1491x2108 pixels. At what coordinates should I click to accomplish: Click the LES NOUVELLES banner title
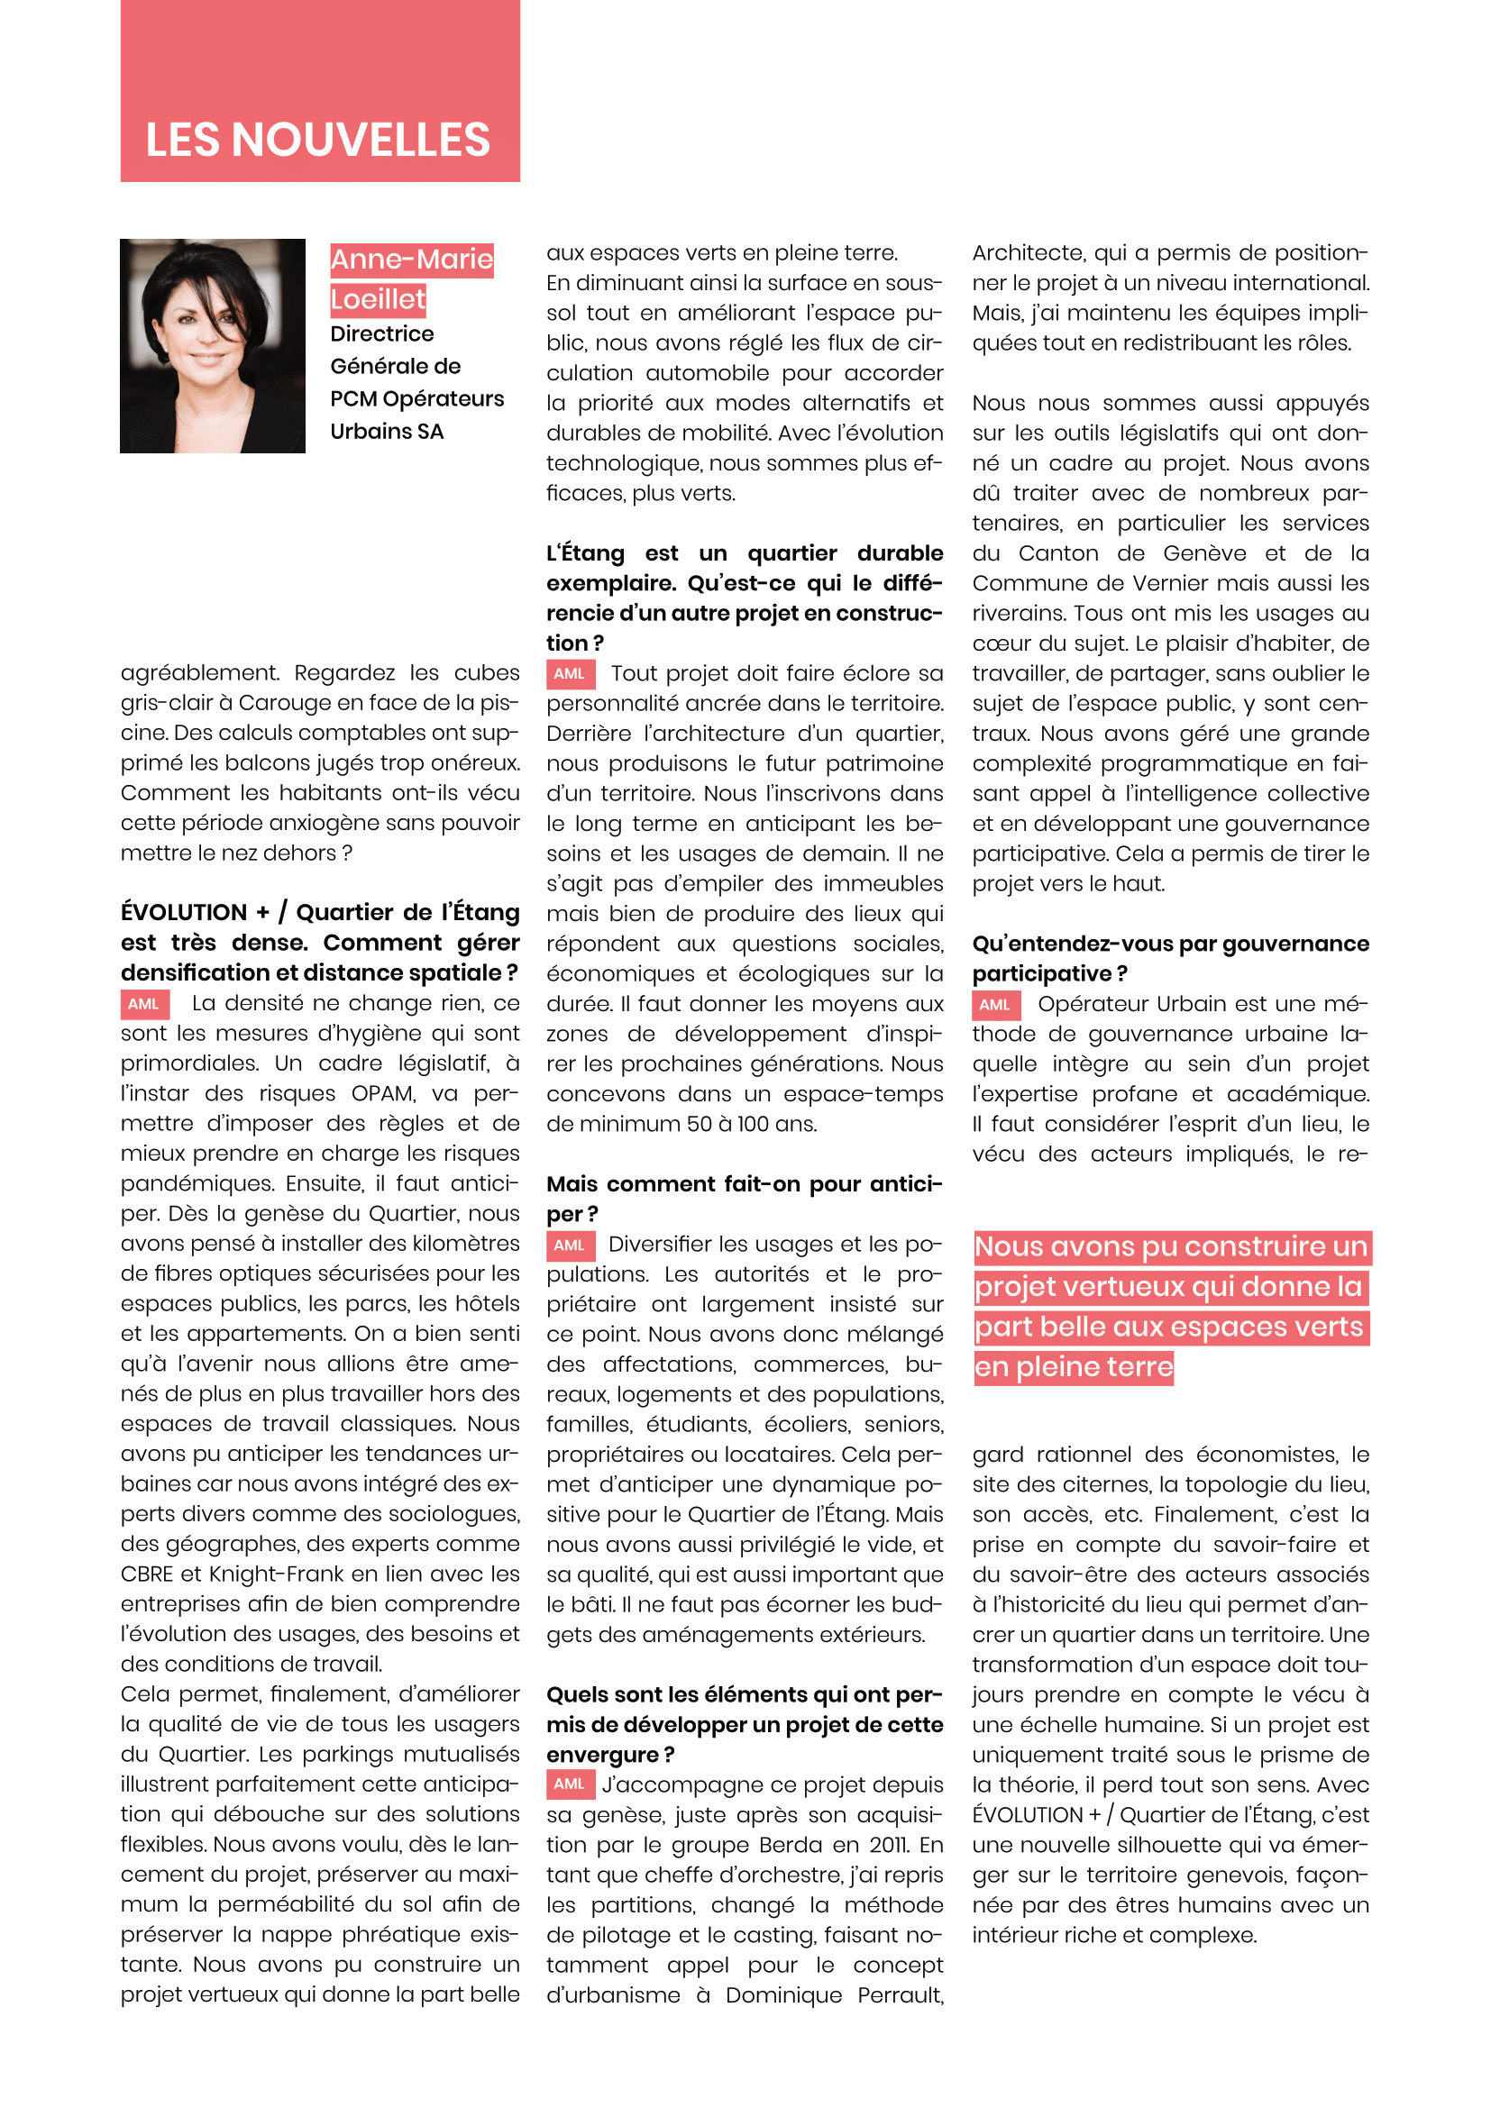[x=317, y=140]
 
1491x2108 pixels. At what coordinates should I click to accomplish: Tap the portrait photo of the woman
[x=212, y=345]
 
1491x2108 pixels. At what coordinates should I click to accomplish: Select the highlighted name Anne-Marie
[x=411, y=260]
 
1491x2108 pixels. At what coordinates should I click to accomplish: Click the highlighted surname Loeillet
[x=378, y=299]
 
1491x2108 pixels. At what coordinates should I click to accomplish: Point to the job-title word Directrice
[x=382, y=334]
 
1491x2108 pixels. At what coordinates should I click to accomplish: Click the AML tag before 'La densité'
[x=144, y=1004]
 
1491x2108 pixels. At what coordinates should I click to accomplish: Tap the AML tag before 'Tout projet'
[x=570, y=674]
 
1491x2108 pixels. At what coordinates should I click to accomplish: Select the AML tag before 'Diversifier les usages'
[x=570, y=1246]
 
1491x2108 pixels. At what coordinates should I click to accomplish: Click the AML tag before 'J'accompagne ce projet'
[x=570, y=1784]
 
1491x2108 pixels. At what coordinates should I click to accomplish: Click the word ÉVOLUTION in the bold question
[x=184, y=913]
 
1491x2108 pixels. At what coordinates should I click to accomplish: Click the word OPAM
[x=384, y=1093]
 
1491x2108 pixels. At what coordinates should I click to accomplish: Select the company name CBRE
[x=147, y=1574]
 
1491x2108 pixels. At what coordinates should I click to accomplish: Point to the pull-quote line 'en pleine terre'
[x=1074, y=1367]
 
